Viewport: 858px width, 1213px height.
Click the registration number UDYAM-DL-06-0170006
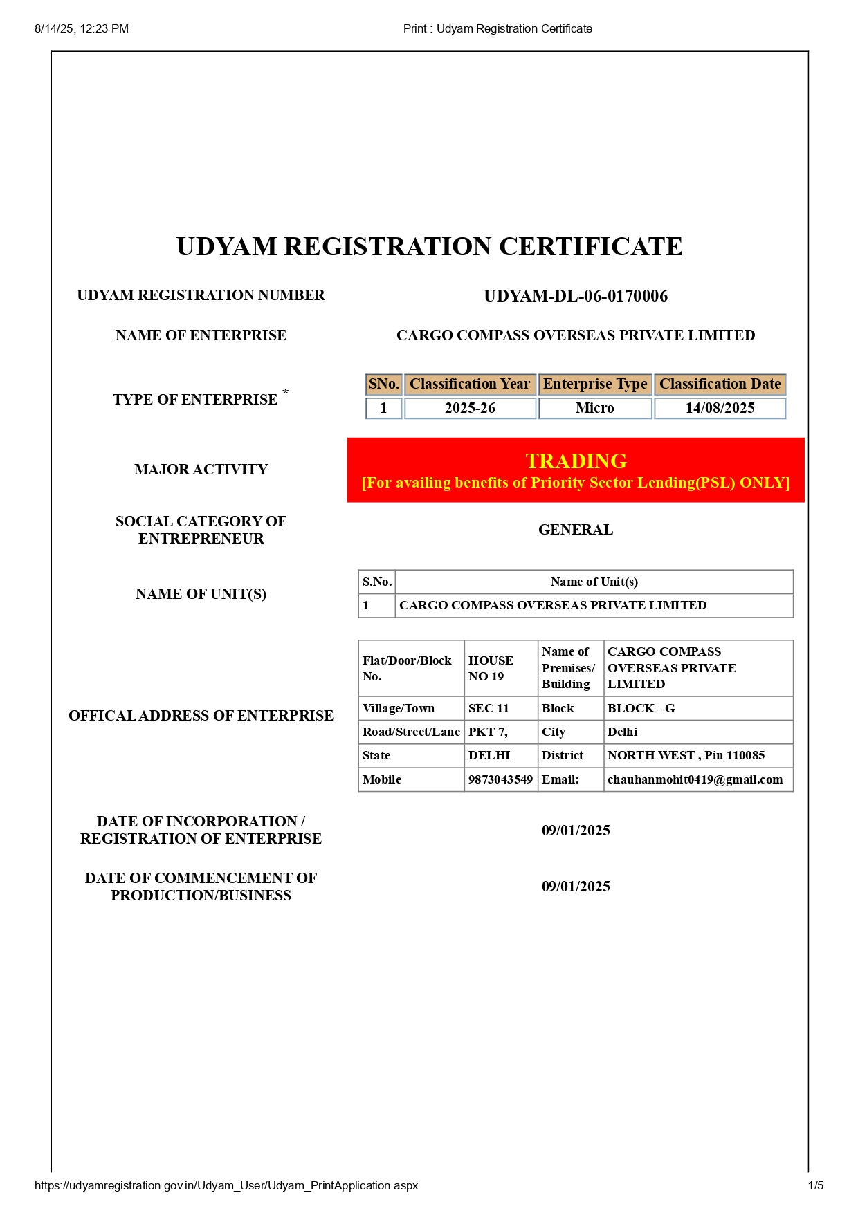tap(576, 296)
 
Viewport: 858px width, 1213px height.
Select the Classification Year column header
tap(470, 384)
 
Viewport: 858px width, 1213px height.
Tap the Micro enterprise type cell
tap(595, 408)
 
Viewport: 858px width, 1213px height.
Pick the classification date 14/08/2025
tap(720, 408)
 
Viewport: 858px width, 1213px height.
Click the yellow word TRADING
tap(576, 461)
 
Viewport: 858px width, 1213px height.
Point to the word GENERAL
tap(576, 530)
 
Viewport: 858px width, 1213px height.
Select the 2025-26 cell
tap(470, 408)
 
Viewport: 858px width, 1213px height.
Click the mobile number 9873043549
tap(500, 779)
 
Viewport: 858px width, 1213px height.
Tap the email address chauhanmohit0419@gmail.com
tap(695, 779)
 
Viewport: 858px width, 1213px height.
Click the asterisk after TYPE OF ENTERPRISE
tap(285, 393)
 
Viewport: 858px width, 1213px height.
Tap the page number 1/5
tap(816, 1185)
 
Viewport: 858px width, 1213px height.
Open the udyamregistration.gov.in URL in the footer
tap(226, 1185)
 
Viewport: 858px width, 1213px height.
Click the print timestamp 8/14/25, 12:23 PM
tap(82, 28)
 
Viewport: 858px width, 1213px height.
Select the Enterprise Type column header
tap(595, 384)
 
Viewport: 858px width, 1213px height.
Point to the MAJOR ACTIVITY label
tap(201, 470)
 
